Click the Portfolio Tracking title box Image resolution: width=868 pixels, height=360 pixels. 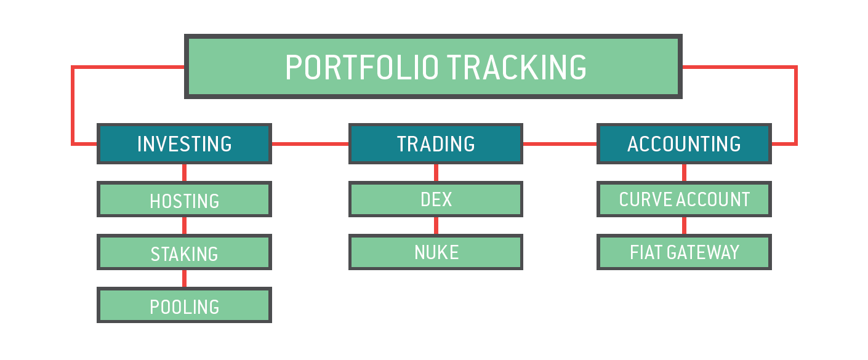click(433, 66)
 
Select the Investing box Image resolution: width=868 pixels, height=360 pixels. click(184, 144)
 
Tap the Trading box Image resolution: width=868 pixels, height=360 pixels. click(436, 144)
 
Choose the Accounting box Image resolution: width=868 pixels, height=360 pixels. click(684, 144)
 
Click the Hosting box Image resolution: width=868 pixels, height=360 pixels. click(184, 199)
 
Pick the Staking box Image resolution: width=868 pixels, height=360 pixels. click(184, 252)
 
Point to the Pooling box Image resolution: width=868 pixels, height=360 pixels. click(184, 305)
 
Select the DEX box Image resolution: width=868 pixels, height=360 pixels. click(436, 199)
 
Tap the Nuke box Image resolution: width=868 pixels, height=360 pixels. click(436, 252)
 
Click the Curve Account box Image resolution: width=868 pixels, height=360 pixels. click(684, 199)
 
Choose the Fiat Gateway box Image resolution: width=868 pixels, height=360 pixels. click(684, 252)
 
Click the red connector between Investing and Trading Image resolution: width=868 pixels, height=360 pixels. click(310, 144)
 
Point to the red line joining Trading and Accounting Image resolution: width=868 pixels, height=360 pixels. click(560, 144)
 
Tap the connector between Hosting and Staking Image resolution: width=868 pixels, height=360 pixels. click(184, 225)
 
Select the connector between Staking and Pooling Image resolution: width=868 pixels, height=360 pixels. click(184, 278)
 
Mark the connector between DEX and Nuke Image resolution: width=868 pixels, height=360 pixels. click(436, 225)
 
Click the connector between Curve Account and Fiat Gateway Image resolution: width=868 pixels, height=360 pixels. click(684, 225)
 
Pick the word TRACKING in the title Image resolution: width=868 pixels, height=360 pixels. click(516, 68)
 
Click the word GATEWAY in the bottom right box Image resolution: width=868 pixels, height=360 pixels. click(703, 252)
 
